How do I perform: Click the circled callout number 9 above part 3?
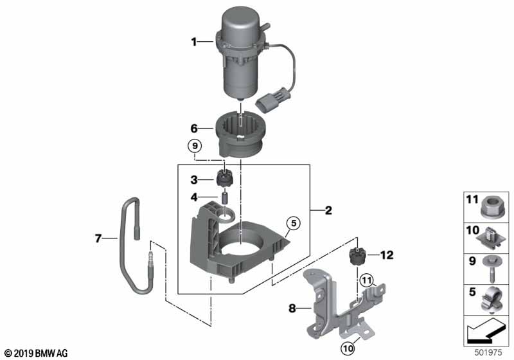(x=195, y=146)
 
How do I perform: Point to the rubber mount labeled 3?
(x=224, y=177)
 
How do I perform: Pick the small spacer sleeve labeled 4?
(x=226, y=199)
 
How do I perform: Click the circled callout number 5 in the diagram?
(x=294, y=223)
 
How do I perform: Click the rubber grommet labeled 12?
(x=357, y=256)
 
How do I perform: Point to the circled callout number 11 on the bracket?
(x=366, y=280)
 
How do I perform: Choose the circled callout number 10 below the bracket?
(x=348, y=348)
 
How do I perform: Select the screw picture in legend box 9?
(x=490, y=269)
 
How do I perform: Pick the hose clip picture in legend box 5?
(x=492, y=300)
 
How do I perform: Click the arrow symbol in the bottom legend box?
(x=484, y=330)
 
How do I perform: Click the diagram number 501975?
(x=488, y=352)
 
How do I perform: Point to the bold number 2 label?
(x=328, y=210)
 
